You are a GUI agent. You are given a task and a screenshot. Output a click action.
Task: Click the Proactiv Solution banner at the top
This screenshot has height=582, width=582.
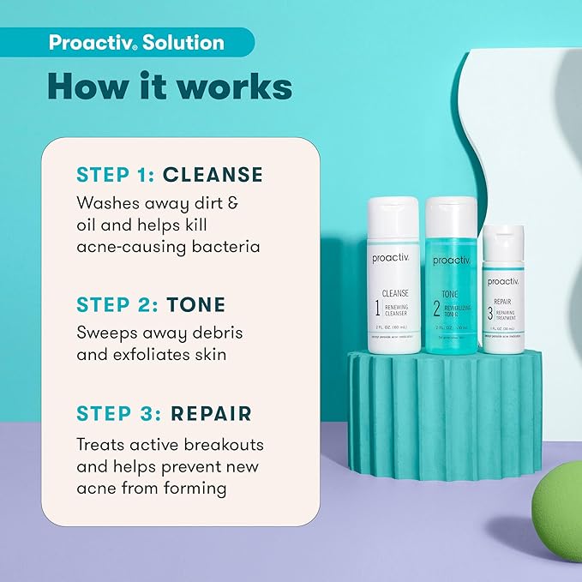click(137, 43)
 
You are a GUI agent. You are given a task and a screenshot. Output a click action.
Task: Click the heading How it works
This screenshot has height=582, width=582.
click(170, 87)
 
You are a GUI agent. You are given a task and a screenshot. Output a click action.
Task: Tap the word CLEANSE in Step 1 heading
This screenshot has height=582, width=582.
click(213, 175)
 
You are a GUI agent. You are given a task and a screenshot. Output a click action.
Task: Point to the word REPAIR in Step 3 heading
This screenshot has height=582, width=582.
click(211, 413)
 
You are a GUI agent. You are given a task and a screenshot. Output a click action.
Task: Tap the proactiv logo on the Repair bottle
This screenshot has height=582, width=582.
click(504, 282)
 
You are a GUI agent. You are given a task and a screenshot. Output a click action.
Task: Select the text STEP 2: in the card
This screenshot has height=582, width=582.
click(111, 305)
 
